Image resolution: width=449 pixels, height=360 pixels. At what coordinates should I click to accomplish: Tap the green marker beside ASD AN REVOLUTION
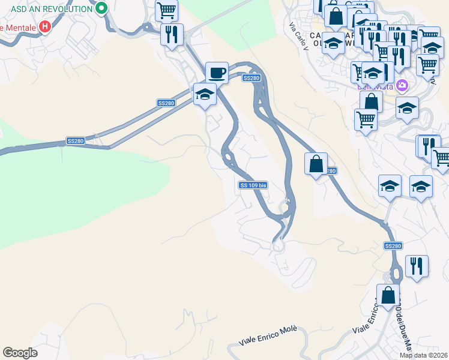click(x=101, y=8)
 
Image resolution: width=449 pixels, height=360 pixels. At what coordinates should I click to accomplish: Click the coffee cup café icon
click(x=217, y=73)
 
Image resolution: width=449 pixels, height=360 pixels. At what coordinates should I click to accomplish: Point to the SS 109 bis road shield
click(x=253, y=185)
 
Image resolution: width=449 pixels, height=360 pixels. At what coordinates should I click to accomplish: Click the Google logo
click(x=20, y=353)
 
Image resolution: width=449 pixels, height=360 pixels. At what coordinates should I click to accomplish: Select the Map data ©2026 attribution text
click(x=424, y=355)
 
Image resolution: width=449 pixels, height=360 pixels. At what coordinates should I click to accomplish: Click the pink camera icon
click(x=402, y=86)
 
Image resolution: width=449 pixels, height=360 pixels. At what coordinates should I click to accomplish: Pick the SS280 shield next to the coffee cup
click(x=252, y=78)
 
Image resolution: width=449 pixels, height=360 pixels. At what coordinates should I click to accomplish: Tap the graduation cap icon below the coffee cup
click(x=205, y=94)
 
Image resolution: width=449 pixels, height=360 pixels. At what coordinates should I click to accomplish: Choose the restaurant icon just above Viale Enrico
click(x=417, y=265)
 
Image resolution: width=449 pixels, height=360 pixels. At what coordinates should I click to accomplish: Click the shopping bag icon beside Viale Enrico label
click(x=388, y=295)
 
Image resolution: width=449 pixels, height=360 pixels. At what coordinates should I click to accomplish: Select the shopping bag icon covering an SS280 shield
click(x=316, y=163)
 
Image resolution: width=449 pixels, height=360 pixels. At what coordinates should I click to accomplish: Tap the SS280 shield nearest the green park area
click(x=76, y=141)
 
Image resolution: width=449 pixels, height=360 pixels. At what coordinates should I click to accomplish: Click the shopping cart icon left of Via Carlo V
click(x=166, y=10)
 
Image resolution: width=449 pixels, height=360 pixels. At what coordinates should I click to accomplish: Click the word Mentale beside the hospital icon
click(x=18, y=28)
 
